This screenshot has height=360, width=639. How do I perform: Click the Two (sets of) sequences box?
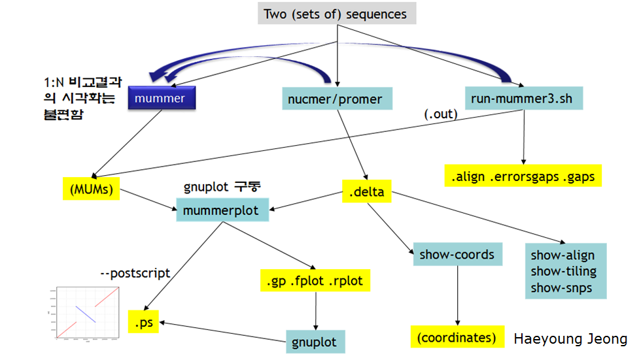tap(335, 14)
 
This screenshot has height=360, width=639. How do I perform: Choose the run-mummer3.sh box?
tap(523, 99)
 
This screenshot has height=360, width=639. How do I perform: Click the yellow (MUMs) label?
tap(92, 189)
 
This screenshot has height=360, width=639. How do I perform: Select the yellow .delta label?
tap(366, 192)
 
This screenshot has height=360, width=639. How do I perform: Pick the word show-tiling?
tap(563, 271)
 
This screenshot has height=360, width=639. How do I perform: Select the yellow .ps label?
tap(143, 322)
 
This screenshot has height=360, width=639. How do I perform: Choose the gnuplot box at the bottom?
tap(315, 342)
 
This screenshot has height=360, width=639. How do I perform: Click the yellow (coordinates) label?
tap(457, 336)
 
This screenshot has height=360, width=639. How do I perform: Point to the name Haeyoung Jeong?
tap(570, 338)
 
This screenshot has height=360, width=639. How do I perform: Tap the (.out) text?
tap(441, 114)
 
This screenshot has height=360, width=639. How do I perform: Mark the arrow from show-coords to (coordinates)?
tap(457, 294)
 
